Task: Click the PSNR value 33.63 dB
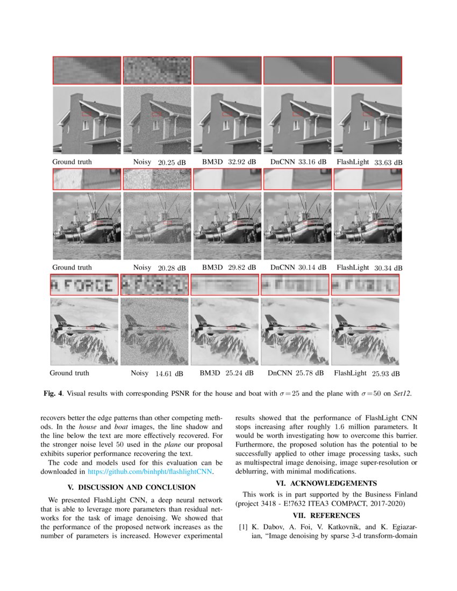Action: click(389, 162)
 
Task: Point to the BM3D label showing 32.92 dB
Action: click(229, 162)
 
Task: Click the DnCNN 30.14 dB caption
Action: click(298, 268)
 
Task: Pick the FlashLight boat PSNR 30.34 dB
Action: click(389, 268)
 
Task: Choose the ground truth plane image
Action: click(84, 331)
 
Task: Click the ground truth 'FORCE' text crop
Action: click(84, 285)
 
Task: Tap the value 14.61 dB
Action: click(169, 373)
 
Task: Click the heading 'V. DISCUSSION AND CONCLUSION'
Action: click(131, 487)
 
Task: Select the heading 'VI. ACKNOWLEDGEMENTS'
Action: click(326, 482)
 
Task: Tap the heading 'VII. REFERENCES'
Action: click(326, 516)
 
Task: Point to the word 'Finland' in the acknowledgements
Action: click(405, 494)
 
